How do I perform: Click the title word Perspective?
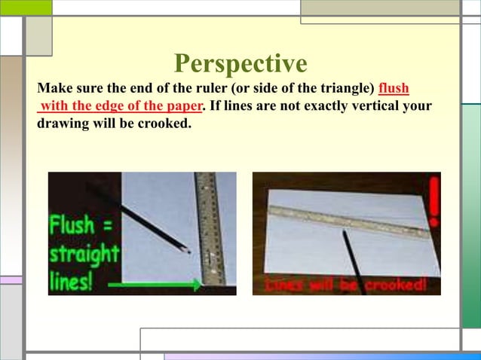[x=240, y=63]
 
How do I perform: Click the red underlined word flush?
[x=394, y=89]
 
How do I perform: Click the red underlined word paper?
[x=183, y=105]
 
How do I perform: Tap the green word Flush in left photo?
[x=73, y=224]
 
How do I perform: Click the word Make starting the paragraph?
[x=54, y=89]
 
